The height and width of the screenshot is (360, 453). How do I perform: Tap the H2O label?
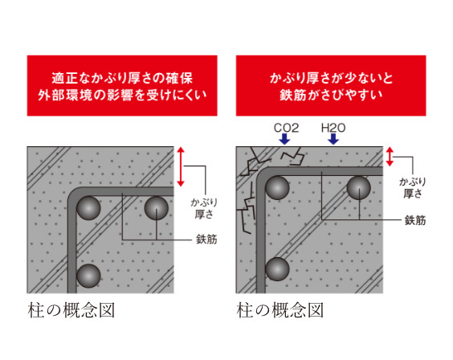point(333,127)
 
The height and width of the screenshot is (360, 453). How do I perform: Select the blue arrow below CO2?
point(284,139)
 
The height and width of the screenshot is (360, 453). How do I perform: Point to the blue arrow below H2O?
point(333,139)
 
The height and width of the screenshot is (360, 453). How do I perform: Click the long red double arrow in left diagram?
point(182,166)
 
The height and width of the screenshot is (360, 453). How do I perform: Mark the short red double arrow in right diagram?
point(390,157)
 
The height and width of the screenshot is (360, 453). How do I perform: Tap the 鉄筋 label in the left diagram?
point(206,239)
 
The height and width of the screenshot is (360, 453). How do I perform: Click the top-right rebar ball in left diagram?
point(156,209)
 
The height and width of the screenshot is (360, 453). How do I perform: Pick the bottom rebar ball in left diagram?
point(88,275)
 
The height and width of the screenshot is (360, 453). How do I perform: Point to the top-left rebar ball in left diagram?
point(88,209)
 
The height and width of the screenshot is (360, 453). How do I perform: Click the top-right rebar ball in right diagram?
point(357,190)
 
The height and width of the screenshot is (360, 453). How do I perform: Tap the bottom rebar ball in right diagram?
point(278,269)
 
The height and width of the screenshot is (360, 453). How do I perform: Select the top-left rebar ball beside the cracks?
point(278,190)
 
